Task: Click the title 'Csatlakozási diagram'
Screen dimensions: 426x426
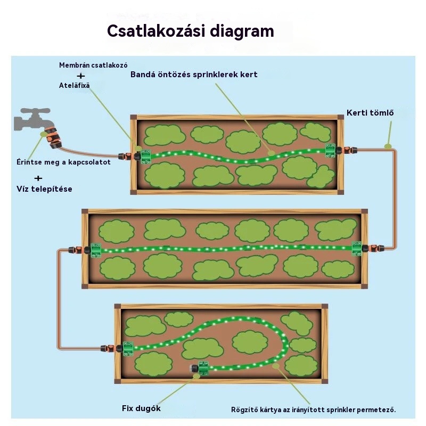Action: (x=191, y=31)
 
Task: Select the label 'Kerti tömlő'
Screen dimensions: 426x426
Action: (x=370, y=113)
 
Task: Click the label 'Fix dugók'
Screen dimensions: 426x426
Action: (x=141, y=408)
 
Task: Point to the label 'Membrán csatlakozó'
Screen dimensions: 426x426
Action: (x=93, y=65)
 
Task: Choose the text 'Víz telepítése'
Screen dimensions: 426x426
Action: (x=44, y=189)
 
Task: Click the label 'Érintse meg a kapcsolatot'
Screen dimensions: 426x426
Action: (x=63, y=162)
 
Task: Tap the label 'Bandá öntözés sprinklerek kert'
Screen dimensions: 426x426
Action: (x=194, y=75)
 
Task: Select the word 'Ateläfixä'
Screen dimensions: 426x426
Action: (x=74, y=85)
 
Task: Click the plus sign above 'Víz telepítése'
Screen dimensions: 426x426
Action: (x=38, y=178)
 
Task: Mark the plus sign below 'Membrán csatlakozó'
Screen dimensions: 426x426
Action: (x=81, y=76)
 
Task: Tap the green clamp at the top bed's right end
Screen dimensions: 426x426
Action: (x=331, y=151)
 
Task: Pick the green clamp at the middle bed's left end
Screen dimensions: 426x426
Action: (x=96, y=250)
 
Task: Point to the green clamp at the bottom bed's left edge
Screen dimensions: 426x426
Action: (x=128, y=349)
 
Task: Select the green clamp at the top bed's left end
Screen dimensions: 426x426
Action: (x=145, y=157)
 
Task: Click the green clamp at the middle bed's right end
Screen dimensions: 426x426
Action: (x=357, y=249)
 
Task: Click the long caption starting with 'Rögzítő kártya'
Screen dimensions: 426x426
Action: (x=314, y=409)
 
